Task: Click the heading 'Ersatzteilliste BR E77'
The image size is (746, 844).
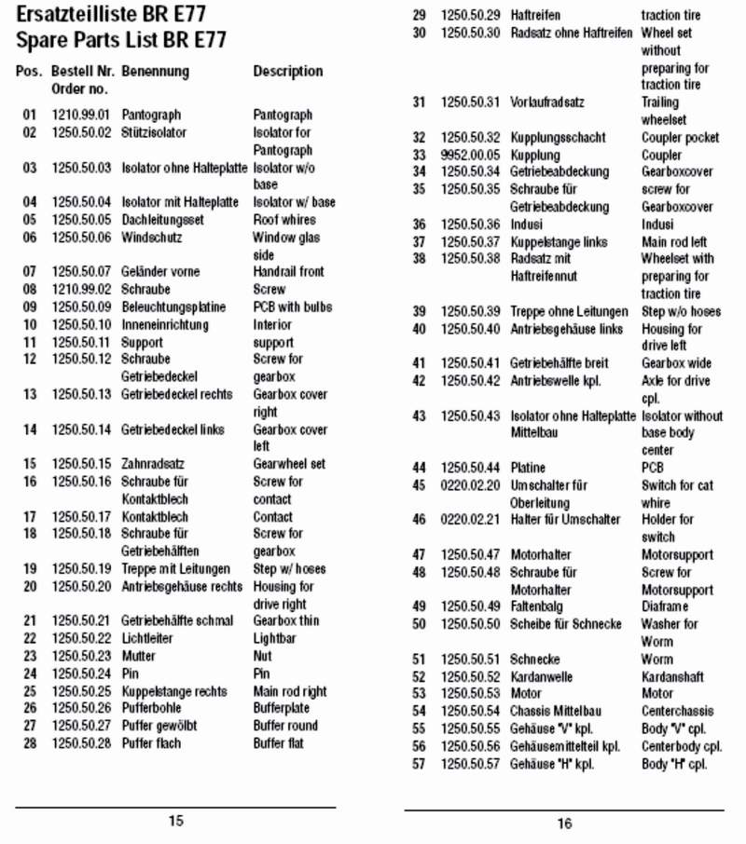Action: click(x=111, y=14)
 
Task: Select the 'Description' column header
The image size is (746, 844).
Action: click(x=288, y=71)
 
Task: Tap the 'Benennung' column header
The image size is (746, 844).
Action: click(x=155, y=71)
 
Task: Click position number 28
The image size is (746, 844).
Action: click(x=30, y=742)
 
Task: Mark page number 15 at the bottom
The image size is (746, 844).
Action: click(x=175, y=821)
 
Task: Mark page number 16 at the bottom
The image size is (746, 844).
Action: click(x=564, y=824)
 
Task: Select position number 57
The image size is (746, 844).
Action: click(x=419, y=764)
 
